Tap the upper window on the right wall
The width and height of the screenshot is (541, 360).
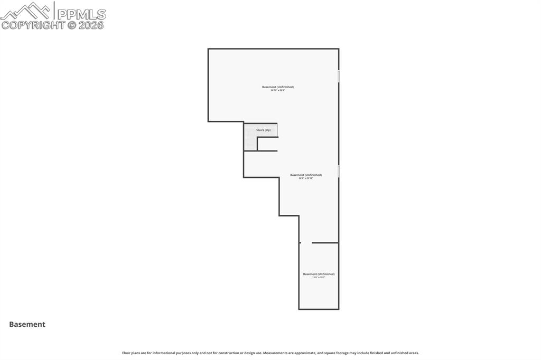[x=339, y=76]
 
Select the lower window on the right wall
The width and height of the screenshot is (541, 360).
[x=339, y=172]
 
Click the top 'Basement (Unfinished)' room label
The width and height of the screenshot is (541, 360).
[x=278, y=87]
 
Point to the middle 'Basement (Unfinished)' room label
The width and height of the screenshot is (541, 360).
[x=306, y=175]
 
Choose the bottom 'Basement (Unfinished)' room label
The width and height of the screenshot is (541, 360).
[x=319, y=274]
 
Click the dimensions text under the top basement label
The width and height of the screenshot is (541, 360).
[x=278, y=91]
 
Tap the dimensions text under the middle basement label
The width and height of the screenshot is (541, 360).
[x=306, y=178]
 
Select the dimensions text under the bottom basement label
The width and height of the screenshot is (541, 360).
[x=319, y=278]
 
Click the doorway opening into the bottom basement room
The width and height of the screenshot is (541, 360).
[x=306, y=243]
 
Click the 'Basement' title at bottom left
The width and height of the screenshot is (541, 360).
[x=27, y=325]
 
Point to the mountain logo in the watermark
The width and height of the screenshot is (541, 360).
[x=26, y=11]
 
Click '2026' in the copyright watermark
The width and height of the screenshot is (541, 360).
[x=91, y=25]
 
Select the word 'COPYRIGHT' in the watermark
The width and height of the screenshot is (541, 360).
[x=33, y=25]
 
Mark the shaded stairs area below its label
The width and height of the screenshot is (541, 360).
[x=250, y=142]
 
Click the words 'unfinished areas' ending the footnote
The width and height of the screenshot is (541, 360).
[x=407, y=353]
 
